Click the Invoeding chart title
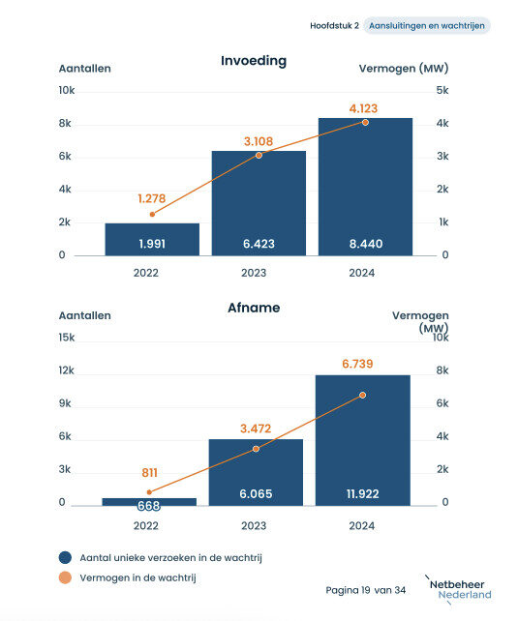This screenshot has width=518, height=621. [x=254, y=61]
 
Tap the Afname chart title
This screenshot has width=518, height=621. [x=254, y=308]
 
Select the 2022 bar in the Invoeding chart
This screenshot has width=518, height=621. [x=152, y=239]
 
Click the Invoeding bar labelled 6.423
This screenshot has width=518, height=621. [x=259, y=203]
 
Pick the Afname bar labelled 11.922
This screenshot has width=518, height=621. [x=363, y=440]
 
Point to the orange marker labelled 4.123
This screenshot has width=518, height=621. [x=365, y=123]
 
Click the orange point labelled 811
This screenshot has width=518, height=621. [x=149, y=492]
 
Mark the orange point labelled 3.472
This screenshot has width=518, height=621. [x=256, y=449]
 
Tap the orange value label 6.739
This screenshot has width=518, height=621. [x=357, y=364]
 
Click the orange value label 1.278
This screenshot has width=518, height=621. [x=152, y=198]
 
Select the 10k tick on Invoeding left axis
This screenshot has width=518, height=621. [x=67, y=90]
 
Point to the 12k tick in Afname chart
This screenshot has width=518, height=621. [x=66, y=370]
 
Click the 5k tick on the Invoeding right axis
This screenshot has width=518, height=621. [x=442, y=90]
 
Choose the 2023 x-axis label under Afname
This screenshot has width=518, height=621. [x=254, y=526]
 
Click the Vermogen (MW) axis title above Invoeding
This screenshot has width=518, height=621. [x=404, y=69]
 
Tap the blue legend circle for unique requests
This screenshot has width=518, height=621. [x=65, y=557]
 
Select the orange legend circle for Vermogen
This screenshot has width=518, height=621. [x=65, y=577]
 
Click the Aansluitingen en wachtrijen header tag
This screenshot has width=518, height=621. [x=427, y=26]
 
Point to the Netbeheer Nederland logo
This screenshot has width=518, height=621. [x=459, y=590]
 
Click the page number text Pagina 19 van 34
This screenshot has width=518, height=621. [x=366, y=590]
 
